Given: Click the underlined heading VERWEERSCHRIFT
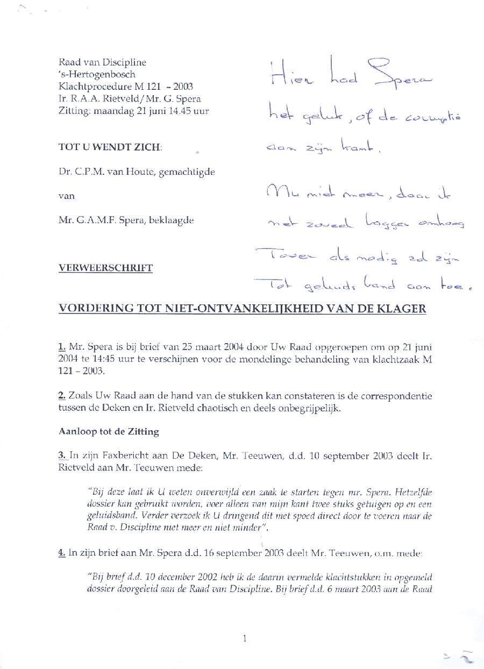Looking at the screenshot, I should [x=105, y=268].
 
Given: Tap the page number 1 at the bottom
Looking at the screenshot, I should [x=245, y=639].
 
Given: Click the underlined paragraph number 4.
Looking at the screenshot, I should [x=61, y=552].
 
